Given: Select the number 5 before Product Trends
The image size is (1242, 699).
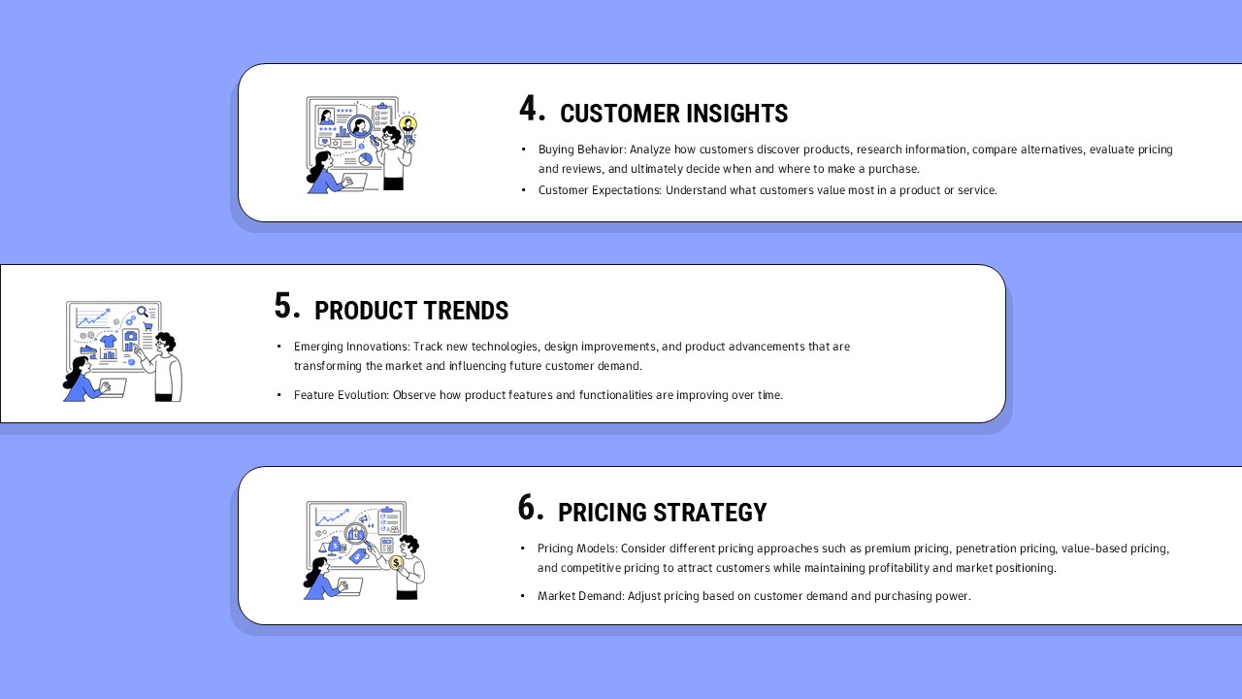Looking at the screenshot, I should pyautogui.click(x=285, y=306).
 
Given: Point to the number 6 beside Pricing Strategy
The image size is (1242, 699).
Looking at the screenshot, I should pyautogui.click(x=529, y=508).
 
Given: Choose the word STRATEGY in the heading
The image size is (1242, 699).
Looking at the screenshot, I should pyautogui.click(x=710, y=514).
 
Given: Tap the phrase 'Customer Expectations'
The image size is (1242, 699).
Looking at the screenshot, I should pyautogui.click(x=599, y=190).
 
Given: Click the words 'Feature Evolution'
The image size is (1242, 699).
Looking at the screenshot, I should pyautogui.click(x=341, y=395).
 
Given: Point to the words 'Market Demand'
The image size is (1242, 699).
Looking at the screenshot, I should pyautogui.click(x=580, y=596).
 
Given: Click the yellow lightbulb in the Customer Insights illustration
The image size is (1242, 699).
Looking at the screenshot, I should pyautogui.click(x=408, y=123).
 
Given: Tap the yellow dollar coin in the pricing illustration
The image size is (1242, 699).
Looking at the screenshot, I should pyautogui.click(x=396, y=562).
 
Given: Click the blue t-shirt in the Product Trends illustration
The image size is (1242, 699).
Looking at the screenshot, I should pyautogui.click(x=108, y=341).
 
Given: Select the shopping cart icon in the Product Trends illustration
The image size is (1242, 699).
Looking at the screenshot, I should pyautogui.click(x=147, y=326).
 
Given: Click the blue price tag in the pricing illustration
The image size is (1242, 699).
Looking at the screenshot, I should pyautogui.click(x=358, y=556).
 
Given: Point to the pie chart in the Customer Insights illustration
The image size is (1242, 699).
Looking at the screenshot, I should pyautogui.click(x=365, y=159).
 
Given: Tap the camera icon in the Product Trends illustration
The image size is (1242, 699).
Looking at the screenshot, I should pyautogui.click(x=131, y=337).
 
